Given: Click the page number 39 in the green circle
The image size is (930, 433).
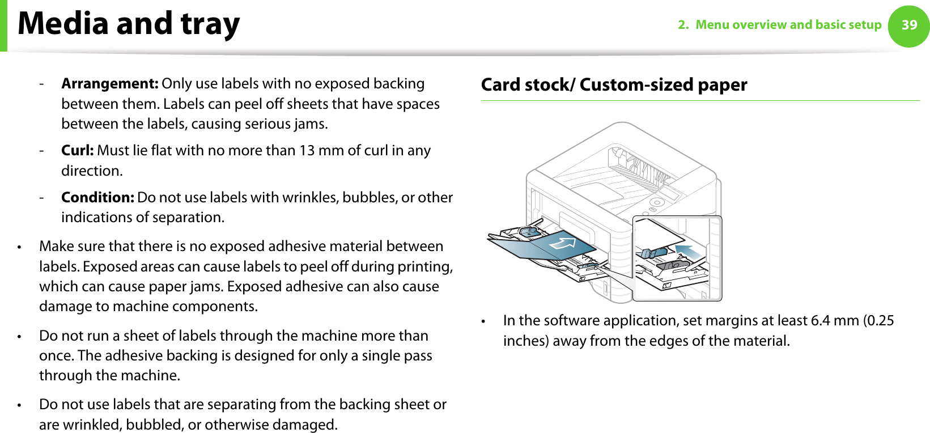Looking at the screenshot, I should point(909,25).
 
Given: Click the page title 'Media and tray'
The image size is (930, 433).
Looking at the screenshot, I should point(129,24).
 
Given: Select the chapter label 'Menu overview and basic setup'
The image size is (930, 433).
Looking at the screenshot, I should point(788,25).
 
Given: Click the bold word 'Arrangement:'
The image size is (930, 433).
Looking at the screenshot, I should point(109,84).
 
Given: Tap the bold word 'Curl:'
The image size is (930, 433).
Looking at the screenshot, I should point(78,151).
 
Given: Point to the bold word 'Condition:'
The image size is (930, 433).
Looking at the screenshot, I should point(97,198).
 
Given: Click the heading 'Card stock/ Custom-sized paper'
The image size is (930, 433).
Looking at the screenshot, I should point(614,85).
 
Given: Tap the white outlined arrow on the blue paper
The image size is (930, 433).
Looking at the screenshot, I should point(562,244).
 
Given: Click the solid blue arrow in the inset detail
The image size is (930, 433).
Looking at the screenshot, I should point(687,251).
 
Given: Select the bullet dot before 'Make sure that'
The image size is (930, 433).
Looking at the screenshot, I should point(19,248).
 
